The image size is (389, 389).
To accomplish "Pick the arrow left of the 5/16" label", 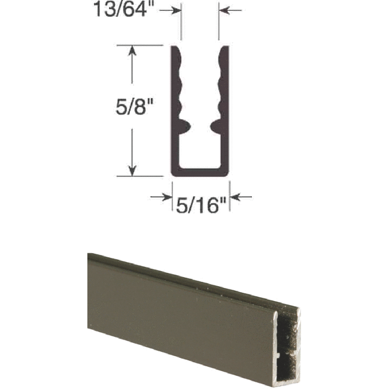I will [x=160, y=196].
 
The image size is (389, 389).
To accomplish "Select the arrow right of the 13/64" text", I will [x=174, y=10].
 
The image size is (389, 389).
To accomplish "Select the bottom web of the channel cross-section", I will [x=200, y=172].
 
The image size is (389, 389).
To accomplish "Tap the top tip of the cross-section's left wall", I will [x=175, y=47].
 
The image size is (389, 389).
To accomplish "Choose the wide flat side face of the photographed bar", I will [x=180, y=317].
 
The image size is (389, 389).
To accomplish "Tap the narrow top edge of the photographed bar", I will [x=192, y=281].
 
